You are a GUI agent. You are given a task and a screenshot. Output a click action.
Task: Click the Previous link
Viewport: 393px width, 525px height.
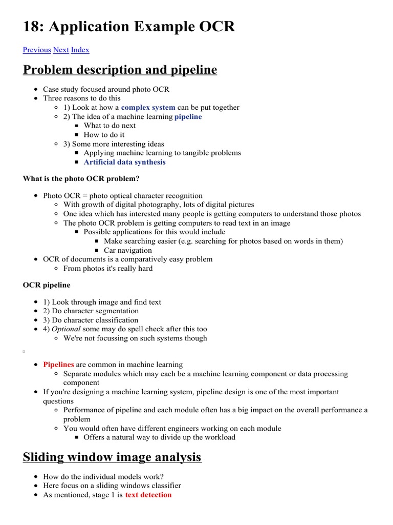coord(37,50)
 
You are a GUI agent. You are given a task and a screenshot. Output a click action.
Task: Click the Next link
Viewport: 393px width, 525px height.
coord(61,50)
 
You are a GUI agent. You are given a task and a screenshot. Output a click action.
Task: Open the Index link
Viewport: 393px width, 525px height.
coord(80,50)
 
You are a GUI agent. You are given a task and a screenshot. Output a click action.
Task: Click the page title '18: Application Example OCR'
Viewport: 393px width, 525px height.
coord(129,27)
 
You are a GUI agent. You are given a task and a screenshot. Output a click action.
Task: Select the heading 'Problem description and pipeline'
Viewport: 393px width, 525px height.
coord(120,70)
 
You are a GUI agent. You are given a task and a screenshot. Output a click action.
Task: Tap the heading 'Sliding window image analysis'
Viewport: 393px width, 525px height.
coord(112,457)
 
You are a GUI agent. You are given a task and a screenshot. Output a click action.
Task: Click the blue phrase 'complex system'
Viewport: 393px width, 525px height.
coord(148,108)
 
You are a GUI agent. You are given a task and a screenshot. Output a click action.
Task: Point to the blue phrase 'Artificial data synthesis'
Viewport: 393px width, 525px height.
coord(124,162)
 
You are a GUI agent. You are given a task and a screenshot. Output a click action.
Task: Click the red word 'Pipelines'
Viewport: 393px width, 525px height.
coord(58,365)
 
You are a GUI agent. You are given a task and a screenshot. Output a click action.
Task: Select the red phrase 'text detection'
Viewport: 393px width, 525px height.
coord(148,495)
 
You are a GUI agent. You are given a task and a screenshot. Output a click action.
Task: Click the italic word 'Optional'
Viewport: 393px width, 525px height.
coord(66,329)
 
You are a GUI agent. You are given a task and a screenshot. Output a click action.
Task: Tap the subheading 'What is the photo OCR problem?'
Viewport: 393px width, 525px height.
coord(81,179)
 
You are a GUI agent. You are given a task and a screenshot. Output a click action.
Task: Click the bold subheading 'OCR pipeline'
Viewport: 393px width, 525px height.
coord(47,285)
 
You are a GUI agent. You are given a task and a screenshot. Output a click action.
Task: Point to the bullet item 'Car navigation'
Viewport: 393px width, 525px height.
coord(127,250)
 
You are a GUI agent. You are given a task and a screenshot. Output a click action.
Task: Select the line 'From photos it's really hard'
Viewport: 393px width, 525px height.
coord(107,268)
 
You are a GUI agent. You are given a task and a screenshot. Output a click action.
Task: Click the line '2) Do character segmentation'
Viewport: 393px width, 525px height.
coord(91,311)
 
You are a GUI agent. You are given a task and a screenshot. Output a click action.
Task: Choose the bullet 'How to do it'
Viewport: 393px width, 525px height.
coord(104,135)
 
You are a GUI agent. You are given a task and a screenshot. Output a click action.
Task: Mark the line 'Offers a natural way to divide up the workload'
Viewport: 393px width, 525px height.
coord(159,437)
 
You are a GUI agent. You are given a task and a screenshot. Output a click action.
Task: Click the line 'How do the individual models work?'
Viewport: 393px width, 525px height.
coord(103,476)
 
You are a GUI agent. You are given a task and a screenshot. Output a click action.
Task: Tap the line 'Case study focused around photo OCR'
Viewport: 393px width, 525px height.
coord(106,89)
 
